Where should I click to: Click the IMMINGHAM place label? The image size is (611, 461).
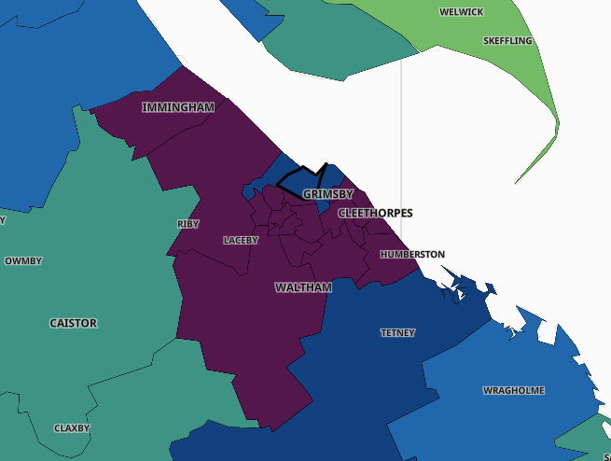(x=178, y=107)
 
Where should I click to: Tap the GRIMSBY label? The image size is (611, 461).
(x=327, y=194)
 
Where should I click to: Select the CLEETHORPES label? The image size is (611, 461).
(x=375, y=213)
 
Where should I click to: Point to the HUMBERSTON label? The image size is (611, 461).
(x=412, y=254)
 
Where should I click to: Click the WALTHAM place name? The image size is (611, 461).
(x=303, y=287)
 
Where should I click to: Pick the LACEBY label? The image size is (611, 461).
(x=241, y=240)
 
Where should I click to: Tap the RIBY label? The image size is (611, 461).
(x=187, y=224)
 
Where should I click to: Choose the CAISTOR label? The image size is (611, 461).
(x=73, y=323)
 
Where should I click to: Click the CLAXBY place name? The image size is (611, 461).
(x=72, y=428)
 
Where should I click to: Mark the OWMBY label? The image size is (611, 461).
(x=23, y=261)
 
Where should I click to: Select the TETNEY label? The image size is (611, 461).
(x=397, y=332)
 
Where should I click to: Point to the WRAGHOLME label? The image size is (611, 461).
(x=513, y=390)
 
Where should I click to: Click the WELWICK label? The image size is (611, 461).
(x=462, y=12)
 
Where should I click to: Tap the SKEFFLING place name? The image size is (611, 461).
(x=507, y=41)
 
